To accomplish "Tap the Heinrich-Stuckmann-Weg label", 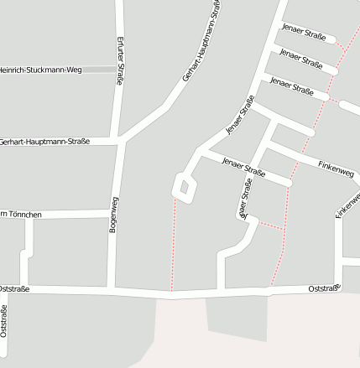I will click(x=40, y=69).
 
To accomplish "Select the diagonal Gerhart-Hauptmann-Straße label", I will click(x=202, y=42).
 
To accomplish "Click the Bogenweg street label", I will click(x=113, y=215).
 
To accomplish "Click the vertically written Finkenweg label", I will click(x=347, y=206).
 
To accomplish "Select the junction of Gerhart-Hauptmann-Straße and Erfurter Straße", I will click(x=120, y=140).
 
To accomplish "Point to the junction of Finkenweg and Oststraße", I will click(x=338, y=288).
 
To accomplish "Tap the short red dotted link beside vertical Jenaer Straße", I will click(x=269, y=225).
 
